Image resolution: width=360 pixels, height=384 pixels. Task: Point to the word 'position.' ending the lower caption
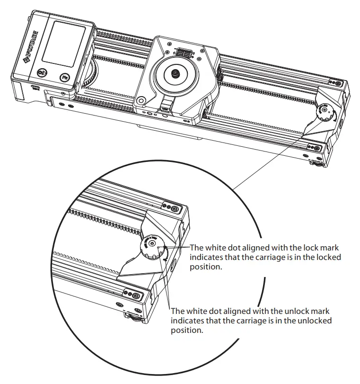187,330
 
